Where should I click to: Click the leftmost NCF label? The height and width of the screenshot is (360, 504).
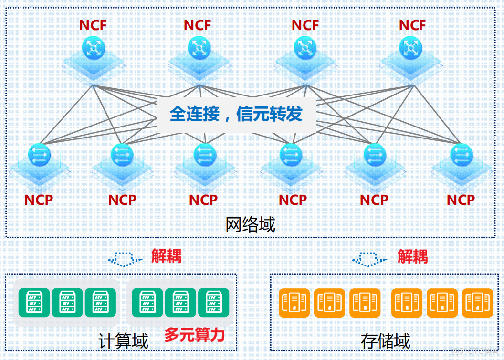93,25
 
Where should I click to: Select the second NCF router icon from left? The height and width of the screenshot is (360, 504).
198,48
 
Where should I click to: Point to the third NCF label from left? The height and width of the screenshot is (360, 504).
305,25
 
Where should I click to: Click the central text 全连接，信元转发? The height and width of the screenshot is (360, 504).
236,114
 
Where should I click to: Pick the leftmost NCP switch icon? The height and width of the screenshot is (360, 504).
39,155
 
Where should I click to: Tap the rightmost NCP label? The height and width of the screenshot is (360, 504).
461,200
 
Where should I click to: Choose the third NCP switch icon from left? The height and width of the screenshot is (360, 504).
205,155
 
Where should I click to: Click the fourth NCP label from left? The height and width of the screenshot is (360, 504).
293,200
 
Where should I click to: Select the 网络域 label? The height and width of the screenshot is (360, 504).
251,224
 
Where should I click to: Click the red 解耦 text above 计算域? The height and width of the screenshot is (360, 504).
166,256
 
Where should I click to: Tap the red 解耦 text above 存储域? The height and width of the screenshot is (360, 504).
413,256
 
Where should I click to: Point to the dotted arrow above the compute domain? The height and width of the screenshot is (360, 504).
125,259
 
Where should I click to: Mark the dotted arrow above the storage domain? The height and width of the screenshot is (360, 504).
370,259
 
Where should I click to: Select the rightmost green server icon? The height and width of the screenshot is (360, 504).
210,302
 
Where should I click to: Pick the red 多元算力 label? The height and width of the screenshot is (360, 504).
194,335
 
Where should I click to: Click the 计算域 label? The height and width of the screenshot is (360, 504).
123,341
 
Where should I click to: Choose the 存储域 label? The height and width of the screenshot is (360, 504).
386,341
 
